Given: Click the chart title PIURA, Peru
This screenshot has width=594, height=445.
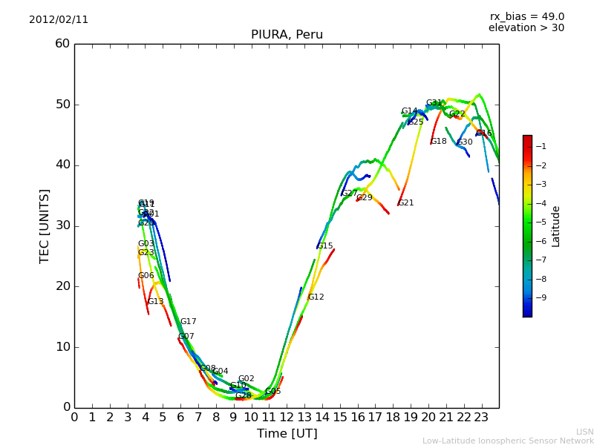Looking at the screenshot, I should [x=287, y=35].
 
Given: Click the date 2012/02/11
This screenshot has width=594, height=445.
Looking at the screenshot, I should [x=59, y=20].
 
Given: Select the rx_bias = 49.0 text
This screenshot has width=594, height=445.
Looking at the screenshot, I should [x=527, y=17].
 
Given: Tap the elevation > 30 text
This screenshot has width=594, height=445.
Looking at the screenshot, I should [x=526, y=28].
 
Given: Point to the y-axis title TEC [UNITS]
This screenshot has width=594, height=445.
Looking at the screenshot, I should [x=45, y=225].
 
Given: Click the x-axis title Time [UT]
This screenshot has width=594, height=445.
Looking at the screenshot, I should [x=287, y=434].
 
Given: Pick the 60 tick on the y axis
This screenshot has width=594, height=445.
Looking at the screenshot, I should [x=62, y=44].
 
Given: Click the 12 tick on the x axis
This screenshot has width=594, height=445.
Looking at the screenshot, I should [x=287, y=418].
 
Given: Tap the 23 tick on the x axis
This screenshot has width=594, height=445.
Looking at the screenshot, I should [x=481, y=418].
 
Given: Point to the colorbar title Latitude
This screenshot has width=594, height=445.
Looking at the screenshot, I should [x=555, y=226].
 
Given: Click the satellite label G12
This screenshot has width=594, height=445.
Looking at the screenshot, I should [x=316, y=297].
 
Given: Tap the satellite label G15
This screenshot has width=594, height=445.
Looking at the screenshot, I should [x=325, y=246].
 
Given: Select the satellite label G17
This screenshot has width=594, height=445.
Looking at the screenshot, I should [x=189, y=322].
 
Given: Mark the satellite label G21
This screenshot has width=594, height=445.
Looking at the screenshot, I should [x=406, y=203].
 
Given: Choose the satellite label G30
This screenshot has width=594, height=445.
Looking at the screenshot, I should [x=465, y=142].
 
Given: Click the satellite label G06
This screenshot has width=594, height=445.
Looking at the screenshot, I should [x=146, y=276].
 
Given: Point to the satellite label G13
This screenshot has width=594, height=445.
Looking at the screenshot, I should [x=155, y=302].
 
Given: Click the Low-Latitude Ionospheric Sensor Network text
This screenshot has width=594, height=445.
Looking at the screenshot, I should [x=508, y=441].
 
